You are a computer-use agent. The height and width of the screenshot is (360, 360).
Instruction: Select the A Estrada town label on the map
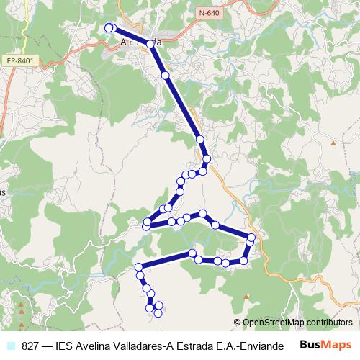[140, 42]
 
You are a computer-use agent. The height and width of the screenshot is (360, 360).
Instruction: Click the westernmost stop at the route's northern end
[109, 27]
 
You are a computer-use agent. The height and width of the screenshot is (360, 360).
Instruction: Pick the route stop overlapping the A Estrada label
[151, 44]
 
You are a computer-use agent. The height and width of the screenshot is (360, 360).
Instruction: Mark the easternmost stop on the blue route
[251, 238]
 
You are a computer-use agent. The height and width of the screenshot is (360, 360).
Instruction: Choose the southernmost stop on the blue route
[158, 313]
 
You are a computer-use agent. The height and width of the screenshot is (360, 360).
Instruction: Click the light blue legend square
[11, 345]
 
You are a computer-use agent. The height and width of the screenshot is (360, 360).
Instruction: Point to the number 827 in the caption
[31, 345]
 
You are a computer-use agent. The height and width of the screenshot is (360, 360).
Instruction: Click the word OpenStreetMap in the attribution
[276, 323]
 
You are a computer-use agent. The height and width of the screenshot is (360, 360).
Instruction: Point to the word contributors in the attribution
[330, 323]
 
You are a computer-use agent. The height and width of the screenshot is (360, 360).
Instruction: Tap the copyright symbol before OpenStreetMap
[238, 323]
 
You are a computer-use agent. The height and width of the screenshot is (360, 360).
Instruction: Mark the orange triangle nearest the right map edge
[333, 143]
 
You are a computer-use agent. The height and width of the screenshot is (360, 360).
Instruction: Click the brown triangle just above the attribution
[246, 296]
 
